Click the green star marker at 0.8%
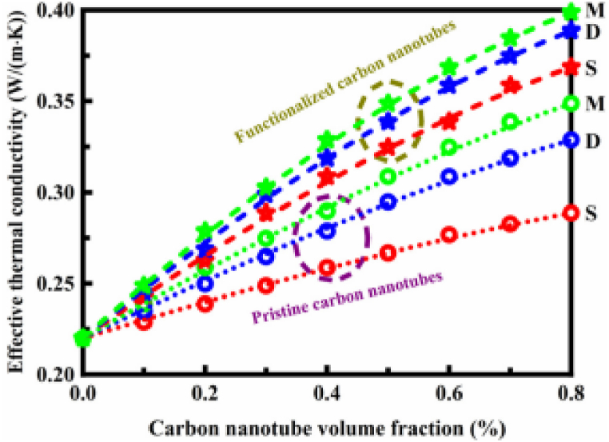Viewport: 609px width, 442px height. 570,11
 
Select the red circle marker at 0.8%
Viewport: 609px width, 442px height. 570,213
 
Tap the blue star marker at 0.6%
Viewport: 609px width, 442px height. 449,86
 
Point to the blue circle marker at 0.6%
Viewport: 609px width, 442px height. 449,176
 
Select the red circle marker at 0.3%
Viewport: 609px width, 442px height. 266,285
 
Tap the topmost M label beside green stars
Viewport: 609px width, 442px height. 593,10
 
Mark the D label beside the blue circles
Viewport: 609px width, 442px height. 592,141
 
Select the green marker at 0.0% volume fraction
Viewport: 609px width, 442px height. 82,338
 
